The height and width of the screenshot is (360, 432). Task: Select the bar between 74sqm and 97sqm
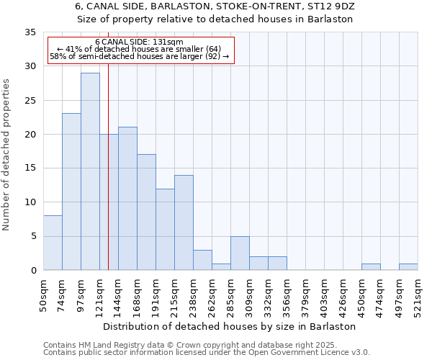[71, 192]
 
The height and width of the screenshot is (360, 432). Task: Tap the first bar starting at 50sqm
[53, 243]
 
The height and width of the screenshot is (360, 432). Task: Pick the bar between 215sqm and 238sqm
[184, 222]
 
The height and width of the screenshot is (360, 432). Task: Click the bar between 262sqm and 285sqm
[221, 266]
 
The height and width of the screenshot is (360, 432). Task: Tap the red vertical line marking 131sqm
[108, 180]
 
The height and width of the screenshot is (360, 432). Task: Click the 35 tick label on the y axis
[30, 32]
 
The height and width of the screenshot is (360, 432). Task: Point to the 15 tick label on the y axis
[30, 168]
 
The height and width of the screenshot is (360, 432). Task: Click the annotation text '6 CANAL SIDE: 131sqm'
[139, 42]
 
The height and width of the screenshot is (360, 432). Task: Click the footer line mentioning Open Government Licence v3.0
[207, 353]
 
